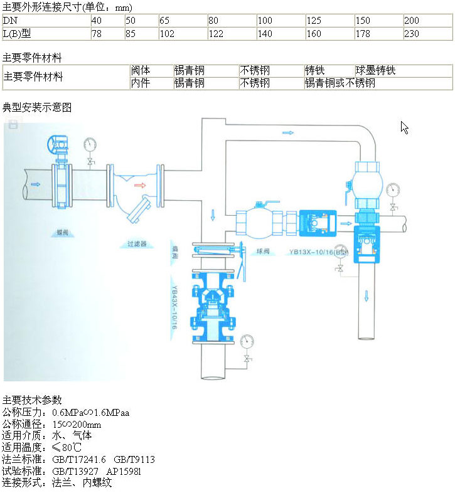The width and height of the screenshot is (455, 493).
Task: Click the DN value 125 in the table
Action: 314,21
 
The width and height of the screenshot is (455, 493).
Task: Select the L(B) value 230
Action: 412,34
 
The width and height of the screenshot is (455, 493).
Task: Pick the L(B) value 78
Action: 97,34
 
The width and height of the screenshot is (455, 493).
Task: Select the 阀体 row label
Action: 140,71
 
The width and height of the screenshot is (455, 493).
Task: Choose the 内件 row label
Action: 140,83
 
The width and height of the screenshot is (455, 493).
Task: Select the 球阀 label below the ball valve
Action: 263,252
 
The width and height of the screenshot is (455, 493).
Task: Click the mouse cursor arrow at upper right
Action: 404,127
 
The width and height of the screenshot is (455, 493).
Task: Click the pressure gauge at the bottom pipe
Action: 247,342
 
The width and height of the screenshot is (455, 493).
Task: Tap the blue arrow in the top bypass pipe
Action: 288,133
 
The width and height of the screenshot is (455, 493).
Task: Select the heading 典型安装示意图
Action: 37,108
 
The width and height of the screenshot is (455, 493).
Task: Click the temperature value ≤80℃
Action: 67,448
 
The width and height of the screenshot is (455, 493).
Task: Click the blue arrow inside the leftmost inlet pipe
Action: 35,184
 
